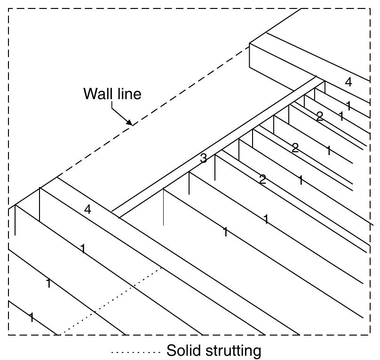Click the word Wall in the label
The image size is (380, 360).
point(96,94)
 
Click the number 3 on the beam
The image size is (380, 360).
point(203,159)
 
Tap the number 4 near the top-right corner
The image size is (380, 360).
point(348,82)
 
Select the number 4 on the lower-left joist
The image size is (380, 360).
point(87,210)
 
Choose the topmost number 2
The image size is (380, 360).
point(320,117)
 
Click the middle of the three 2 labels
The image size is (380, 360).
point(295,149)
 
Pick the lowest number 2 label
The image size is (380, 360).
point(262,179)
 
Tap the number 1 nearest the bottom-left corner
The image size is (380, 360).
point(31,318)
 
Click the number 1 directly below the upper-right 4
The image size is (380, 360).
point(348,105)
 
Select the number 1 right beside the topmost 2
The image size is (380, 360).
point(341,117)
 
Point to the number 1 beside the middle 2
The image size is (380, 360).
point(329,151)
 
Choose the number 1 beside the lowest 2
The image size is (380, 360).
point(301,180)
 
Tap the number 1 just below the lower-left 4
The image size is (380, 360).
point(83,249)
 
